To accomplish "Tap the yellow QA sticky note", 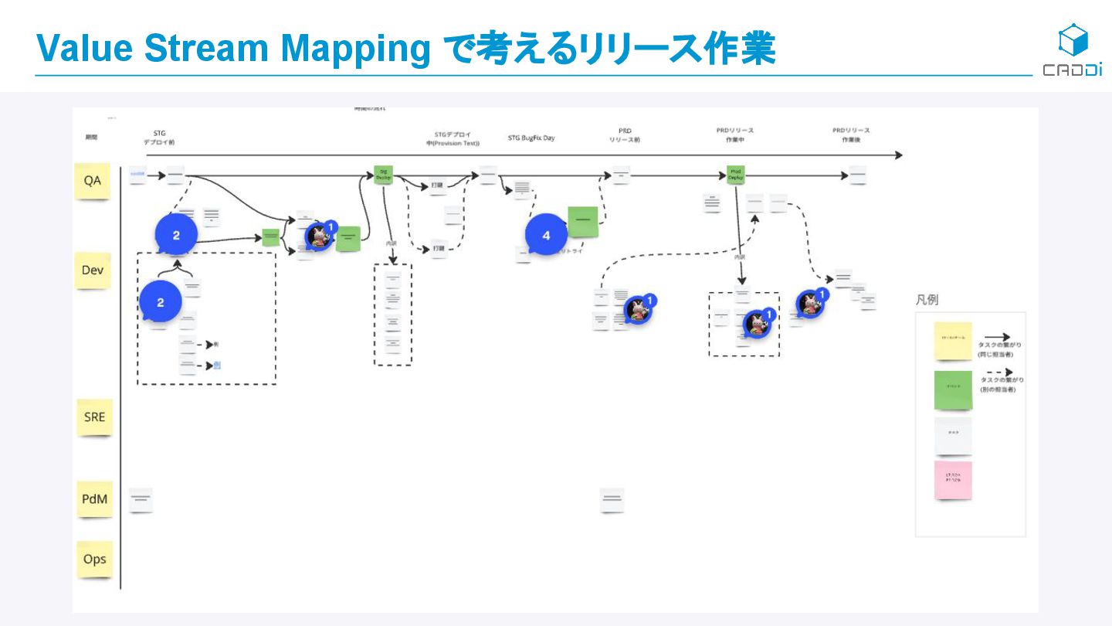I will tap(92, 181).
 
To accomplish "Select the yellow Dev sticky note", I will tap(93, 270).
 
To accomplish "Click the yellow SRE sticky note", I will tap(94, 417).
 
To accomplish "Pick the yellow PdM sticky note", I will tap(94, 499).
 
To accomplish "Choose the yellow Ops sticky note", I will tap(94, 559).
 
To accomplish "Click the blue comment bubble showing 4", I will tap(546, 235).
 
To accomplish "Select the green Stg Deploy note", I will tap(383, 175).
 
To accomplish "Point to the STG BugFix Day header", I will tap(531, 138).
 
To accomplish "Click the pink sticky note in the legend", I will tap(952, 480).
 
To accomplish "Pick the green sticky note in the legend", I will tap(953, 390).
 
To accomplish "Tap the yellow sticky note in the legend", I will tap(952, 341).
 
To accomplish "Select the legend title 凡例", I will tap(927, 300).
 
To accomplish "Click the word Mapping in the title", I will tap(355, 49).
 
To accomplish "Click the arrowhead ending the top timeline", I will tap(898, 155).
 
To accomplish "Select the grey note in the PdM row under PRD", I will tap(612, 500).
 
